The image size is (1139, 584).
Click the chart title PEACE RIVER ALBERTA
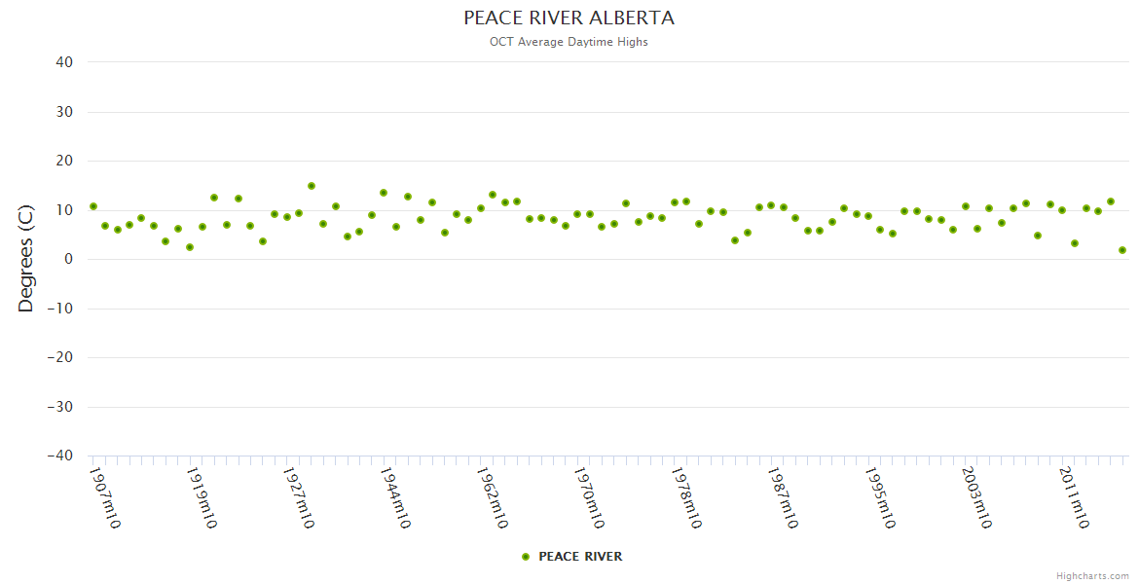click(569, 18)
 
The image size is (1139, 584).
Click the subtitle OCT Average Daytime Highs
click(569, 42)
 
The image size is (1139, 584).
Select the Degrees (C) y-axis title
click(26, 259)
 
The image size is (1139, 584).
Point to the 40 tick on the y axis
click(64, 62)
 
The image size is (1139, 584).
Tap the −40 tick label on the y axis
click(59, 456)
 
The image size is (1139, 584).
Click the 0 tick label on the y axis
click(68, 259)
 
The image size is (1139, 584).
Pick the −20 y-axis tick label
click(59, 357)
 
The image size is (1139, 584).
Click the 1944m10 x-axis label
click(395, 497)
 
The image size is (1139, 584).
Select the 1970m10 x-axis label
click(589, 497)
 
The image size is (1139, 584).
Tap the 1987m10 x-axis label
click(783, 497)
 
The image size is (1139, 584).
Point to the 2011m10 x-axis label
click(1073, 497)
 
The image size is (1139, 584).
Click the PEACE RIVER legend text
click(580, 557)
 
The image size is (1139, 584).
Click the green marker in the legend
click(526, 557)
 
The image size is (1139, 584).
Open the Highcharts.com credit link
click(1092, 576)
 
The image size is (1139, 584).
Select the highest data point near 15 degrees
click(312, 186)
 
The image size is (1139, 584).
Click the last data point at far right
click(1122, 250)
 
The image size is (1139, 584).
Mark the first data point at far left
click(93, 206)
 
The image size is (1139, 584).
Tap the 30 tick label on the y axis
click(64, 112)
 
